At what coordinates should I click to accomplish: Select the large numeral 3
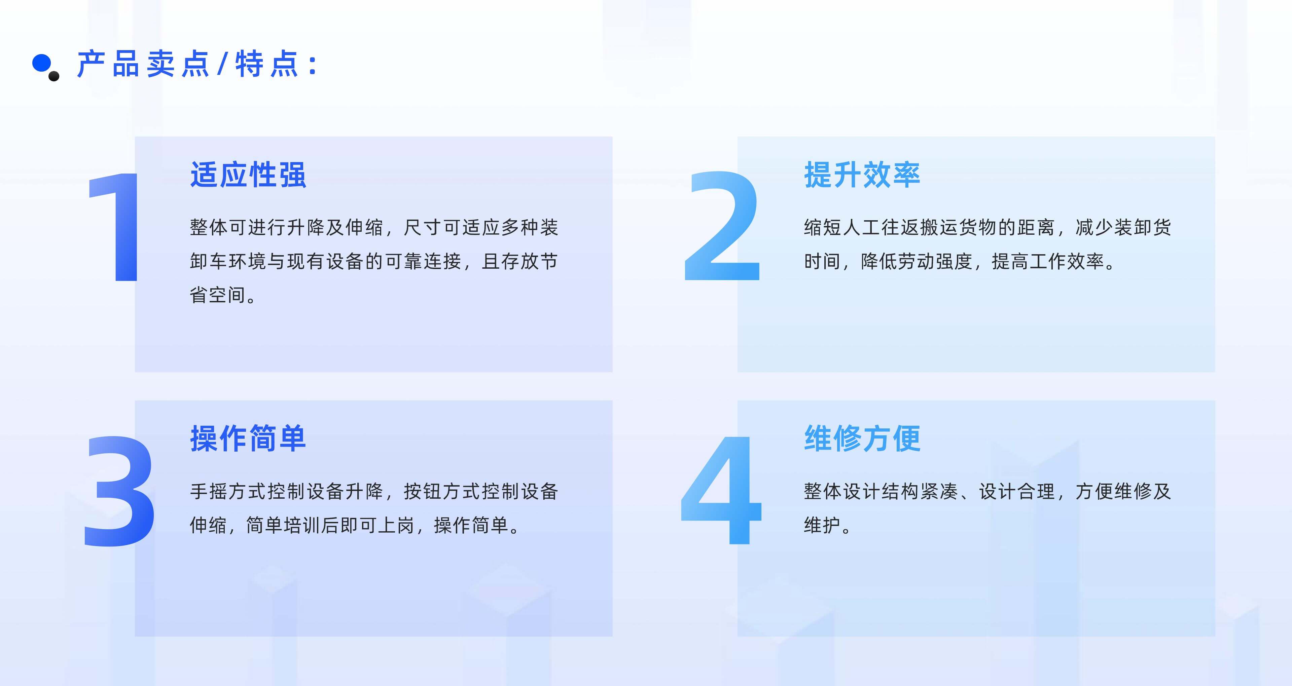point(119,491)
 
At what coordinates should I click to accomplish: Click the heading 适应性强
point(248,175)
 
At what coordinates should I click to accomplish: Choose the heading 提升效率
point(862,175)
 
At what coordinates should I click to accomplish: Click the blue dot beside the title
point(41,63)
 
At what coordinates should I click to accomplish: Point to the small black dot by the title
point(54,76)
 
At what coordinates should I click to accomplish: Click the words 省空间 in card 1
point(218,295)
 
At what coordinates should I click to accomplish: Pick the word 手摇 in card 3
point(209,491)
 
